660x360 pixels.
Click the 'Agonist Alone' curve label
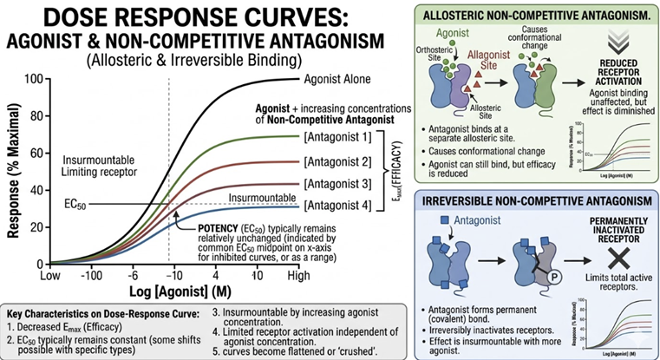(337, 79)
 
